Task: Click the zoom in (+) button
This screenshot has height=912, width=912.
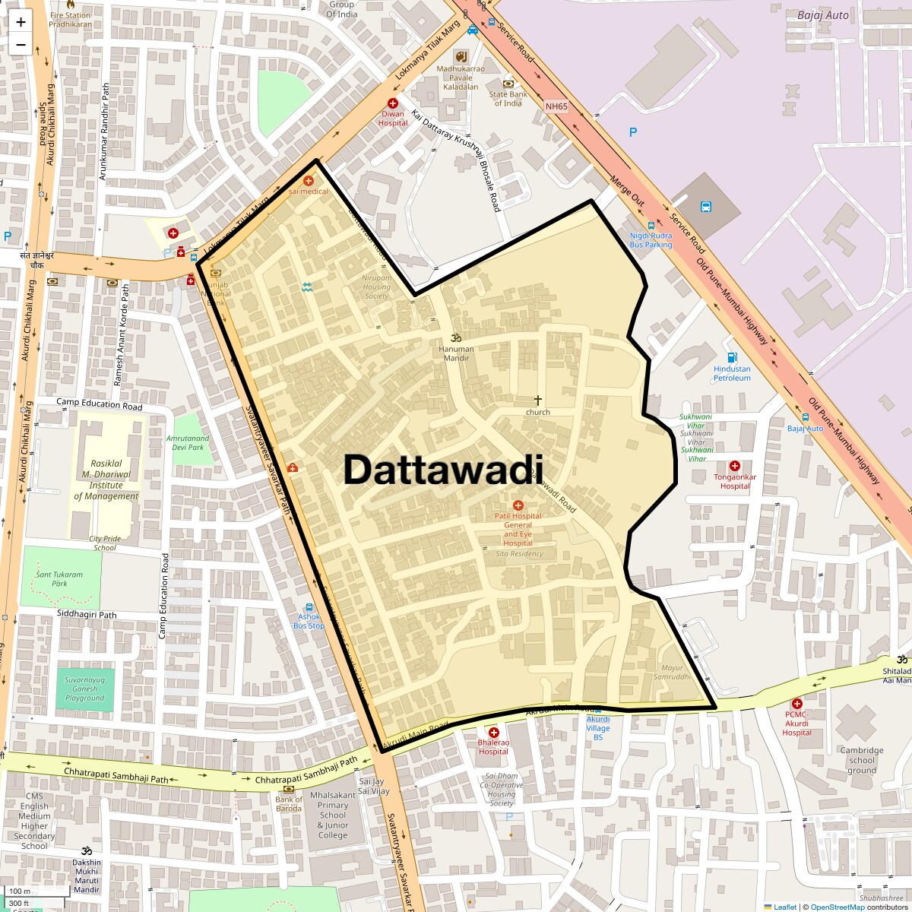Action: [21, 22]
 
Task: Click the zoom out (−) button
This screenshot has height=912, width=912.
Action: [21, 45]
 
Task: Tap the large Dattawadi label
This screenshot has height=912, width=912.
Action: [444, 470]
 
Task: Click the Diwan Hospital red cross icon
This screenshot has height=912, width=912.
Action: [393, 103]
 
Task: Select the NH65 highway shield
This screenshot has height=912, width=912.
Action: [556, 106]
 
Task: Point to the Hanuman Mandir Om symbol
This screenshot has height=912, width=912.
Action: [456, 337]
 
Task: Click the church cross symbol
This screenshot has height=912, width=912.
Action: [538, 400]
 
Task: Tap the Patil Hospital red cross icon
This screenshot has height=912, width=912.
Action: [518, 505]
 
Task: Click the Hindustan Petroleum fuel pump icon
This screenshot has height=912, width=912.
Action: [732, 357]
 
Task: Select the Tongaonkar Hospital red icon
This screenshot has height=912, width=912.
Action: [735, 466]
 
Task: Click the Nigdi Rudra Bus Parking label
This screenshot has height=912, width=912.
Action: [651, 240]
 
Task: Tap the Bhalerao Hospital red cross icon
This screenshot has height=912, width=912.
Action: [493, 732]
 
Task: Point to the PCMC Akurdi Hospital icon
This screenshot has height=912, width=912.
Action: [796, 704]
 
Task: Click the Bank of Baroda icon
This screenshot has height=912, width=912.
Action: [289, 789]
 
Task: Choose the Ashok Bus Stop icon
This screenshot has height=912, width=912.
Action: [309, 606]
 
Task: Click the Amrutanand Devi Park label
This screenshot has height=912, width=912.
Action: [188, 442]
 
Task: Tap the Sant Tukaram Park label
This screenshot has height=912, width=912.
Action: [59, 578]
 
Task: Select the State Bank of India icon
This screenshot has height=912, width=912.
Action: [508, 84]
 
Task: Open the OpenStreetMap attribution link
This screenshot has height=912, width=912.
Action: [837, 907]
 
